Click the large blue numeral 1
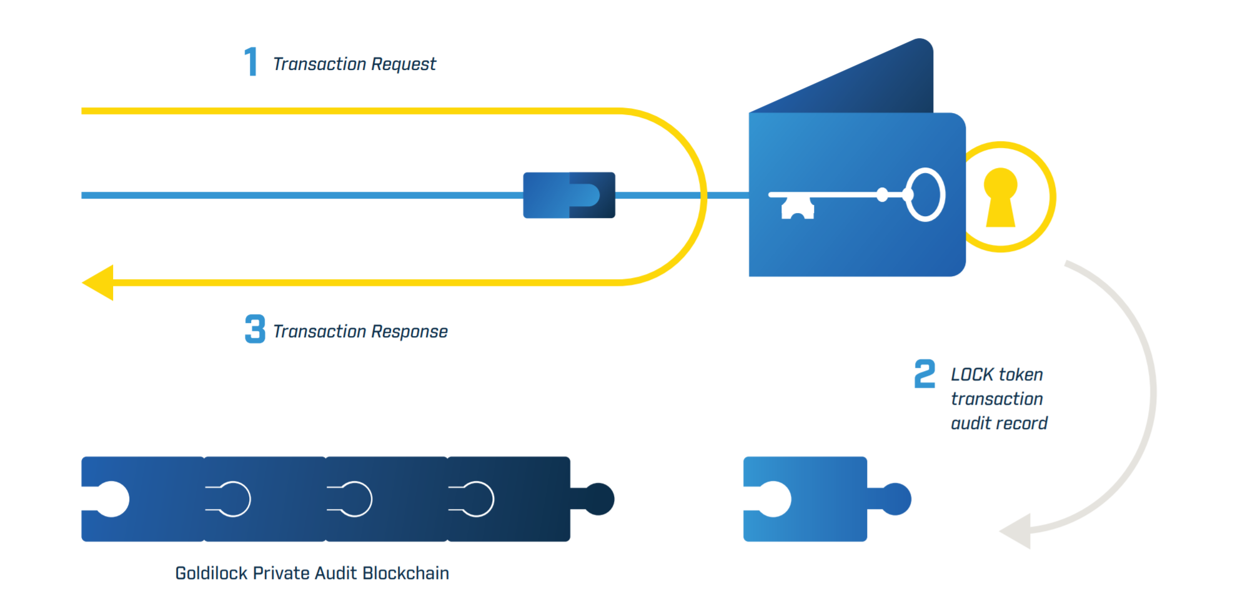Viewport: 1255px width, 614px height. coord(251,62)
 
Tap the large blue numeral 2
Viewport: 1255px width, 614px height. coord(925,374)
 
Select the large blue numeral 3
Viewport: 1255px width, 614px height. coord(255,329)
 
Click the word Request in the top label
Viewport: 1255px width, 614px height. coord(403,64)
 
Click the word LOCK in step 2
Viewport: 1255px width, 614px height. coord(972,375)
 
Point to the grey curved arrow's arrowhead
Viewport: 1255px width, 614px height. coord(1017,532)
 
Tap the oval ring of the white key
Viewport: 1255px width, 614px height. coord(925,195)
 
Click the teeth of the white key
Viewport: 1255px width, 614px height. coord(797,207)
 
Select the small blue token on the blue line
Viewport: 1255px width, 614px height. coord(569,196)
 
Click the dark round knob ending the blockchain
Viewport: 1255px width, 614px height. coord(599,499)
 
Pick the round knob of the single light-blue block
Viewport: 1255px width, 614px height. coord(896,499)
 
